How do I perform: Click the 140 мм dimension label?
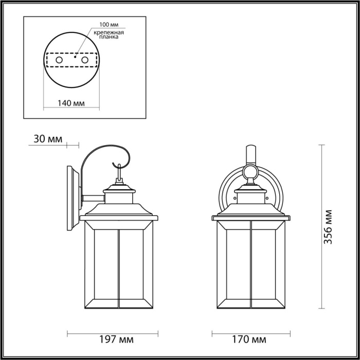[x=71, y=103]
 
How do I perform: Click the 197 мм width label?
[x=118, y=339]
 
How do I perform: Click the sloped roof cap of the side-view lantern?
[x=118, y=210]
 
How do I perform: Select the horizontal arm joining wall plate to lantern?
[x=93, y=197]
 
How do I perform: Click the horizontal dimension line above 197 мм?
[x=118, y=333]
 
